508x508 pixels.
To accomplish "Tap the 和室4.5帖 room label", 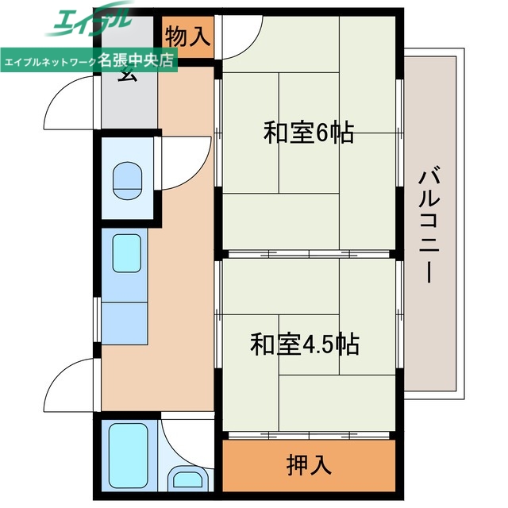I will pyautogui.click(x=305, y=344).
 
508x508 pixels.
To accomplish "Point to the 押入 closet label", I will pyautogui.click(x=308, y=465).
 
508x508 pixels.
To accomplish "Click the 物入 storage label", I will pyautogui.click(x=189, y=37).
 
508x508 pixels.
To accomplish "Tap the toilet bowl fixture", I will pyautogui.click(x=126, y=182).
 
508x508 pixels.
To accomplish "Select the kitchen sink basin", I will pyautogui.click(x=125, y=252).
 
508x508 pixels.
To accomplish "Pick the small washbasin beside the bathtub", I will pyautogui.click(x=188, y=479).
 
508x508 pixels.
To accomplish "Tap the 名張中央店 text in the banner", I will pyautogui.click(x=137, y=61).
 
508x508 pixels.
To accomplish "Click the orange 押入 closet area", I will pyautogui.click(x=308, y=465).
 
